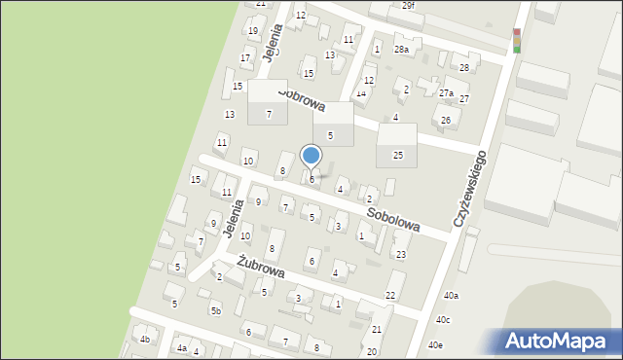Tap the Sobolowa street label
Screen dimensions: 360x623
(393, 217)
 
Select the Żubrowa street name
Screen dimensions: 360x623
(261, 266)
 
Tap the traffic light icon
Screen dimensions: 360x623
(516, 40)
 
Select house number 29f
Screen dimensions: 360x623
(408, 5)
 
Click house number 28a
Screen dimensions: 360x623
(401, 49)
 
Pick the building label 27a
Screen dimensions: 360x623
(446, 93)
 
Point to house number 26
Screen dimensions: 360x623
(446, 121)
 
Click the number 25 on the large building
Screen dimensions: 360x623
(397, 155)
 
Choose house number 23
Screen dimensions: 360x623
(400, 254)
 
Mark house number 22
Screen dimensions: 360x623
(390, 295)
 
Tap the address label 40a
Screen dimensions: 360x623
(451, 295)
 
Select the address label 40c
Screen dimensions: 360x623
(443, 319)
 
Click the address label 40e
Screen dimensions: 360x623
(435, 344)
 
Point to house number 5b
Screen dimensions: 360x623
(216, 310)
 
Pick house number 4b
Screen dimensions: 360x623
(145, 339)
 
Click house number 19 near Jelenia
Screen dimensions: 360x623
(252, 31)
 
